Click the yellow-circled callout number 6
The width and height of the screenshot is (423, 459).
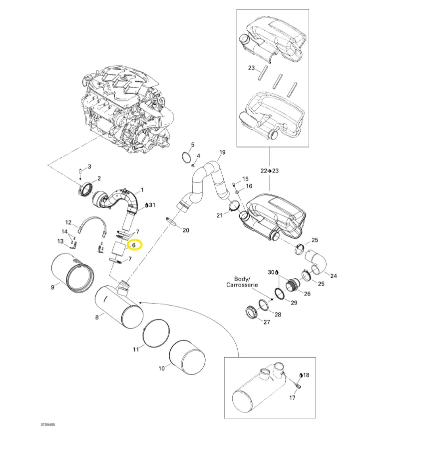coord(134,245)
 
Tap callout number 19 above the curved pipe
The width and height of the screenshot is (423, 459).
coord(223,152)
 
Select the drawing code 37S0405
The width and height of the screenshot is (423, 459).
coord(48,425)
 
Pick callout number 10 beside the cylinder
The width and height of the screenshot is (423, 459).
coord(161,368)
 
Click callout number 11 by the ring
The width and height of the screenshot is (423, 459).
coord(136,349)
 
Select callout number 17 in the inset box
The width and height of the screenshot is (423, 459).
coord(293,398)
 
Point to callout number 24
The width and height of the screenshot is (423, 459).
coord(334,275)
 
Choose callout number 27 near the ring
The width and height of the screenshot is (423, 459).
coord(266,322)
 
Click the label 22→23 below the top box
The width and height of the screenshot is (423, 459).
coord(269,170)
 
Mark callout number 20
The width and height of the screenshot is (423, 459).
coord(186,230)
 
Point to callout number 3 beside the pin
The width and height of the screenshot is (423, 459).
coord(89,166)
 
